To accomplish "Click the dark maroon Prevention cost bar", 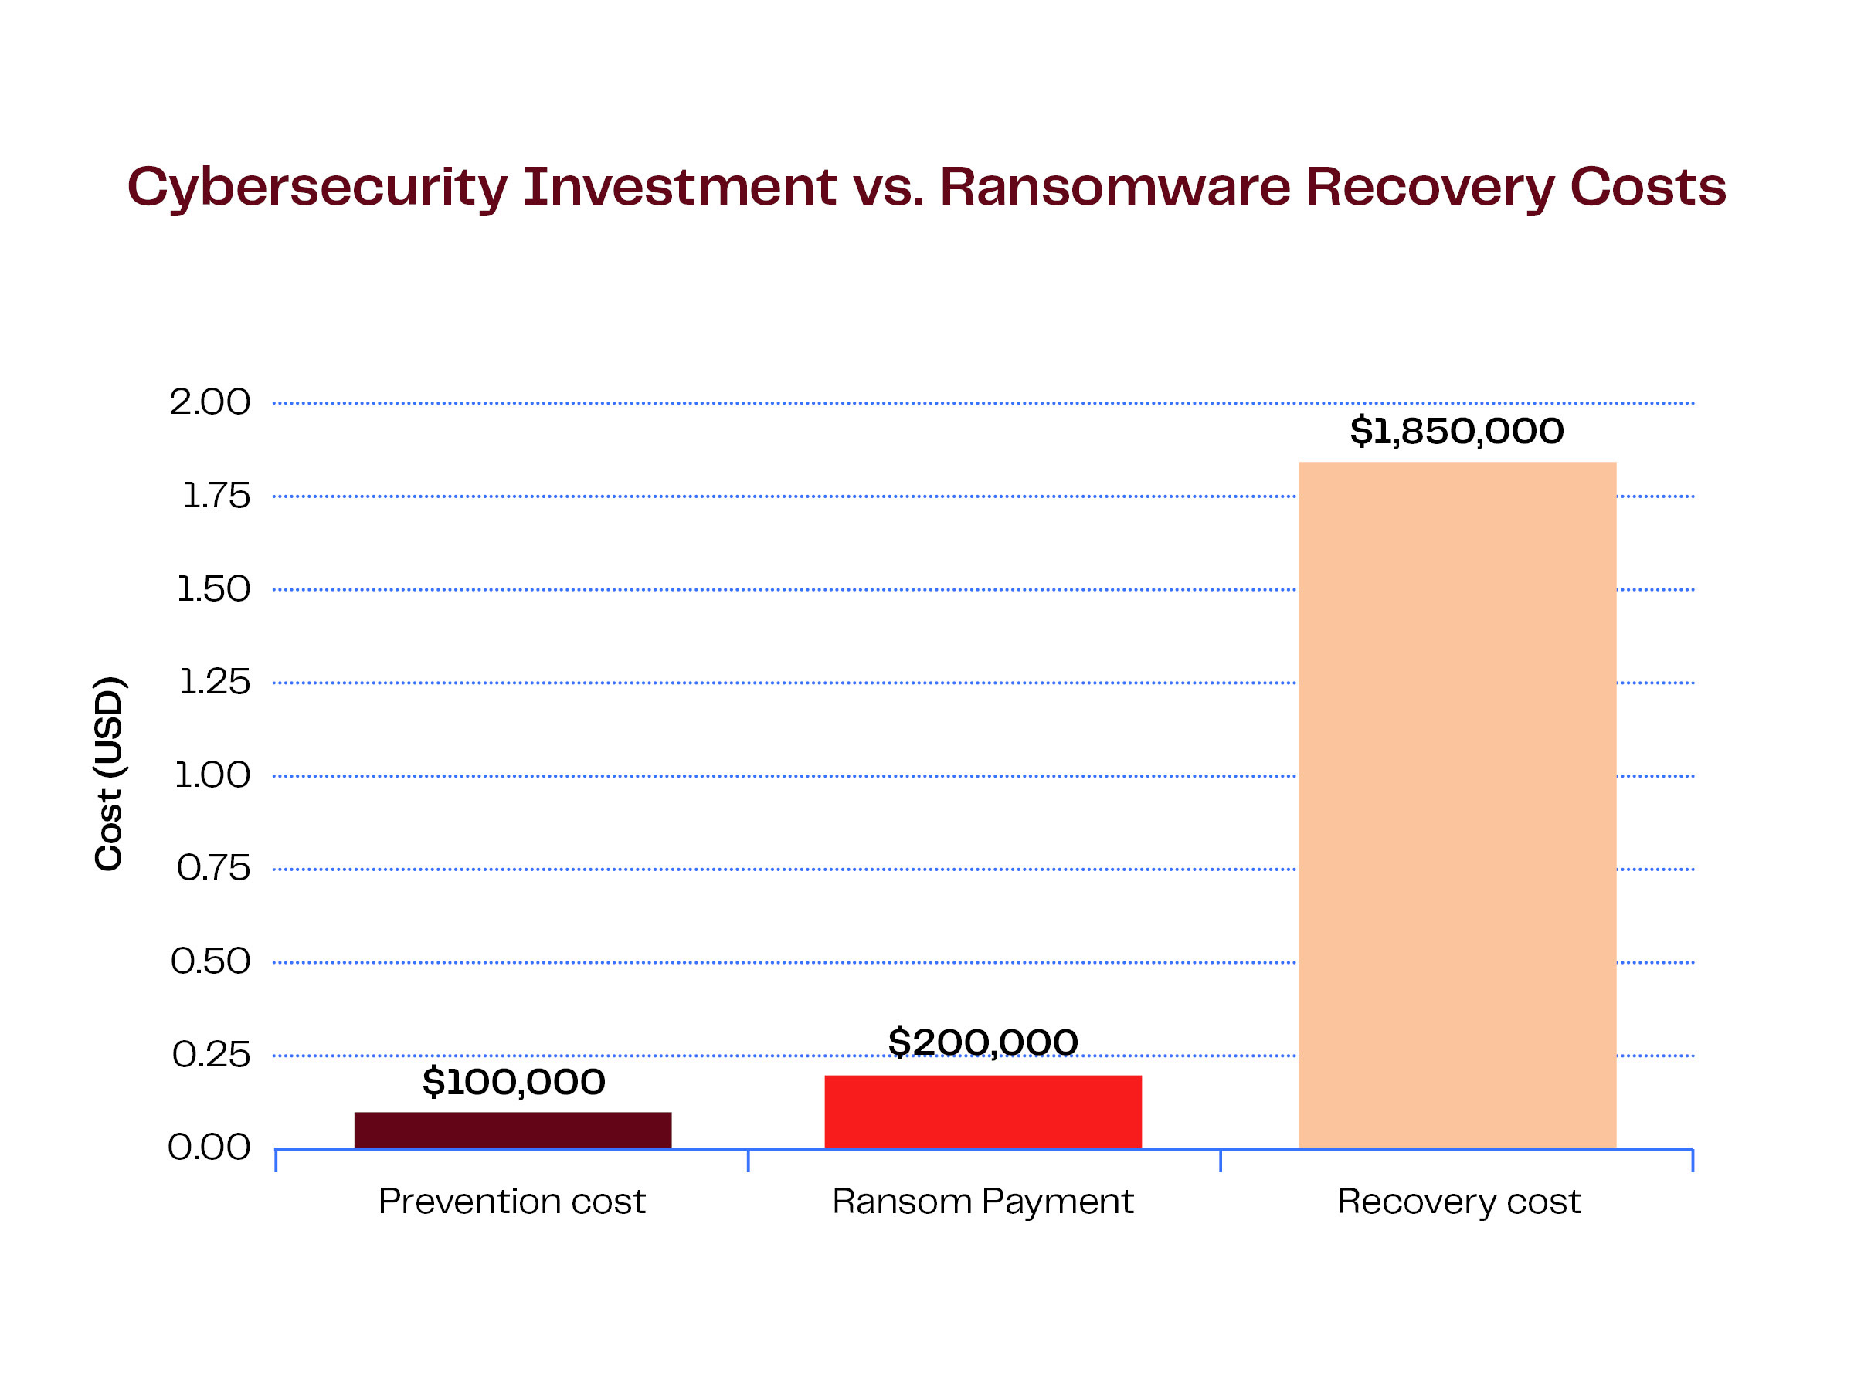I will click(512, 1130).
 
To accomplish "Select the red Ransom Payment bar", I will click(983, 1111).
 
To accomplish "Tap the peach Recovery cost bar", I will click(1457, 805).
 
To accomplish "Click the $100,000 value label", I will click(513, 1082).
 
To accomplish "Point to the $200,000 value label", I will click(983, 1042).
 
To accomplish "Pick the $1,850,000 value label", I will click(1457, 431).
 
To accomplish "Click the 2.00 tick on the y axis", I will click(209, 402).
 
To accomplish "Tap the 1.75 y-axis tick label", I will click(216, 496).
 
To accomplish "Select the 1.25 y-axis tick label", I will click(214, 682).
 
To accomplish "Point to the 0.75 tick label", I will click(213, 868).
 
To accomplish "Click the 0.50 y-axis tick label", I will click(210, 961).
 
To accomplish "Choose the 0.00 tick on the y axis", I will click(209, 1147).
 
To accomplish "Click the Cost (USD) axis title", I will click(109, 772).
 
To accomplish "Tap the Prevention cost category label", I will click(511, 1202).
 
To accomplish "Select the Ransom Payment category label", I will click(983, 1202).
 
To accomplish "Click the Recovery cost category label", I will click(1458, 1202).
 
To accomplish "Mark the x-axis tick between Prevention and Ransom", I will click(748, 1161).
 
